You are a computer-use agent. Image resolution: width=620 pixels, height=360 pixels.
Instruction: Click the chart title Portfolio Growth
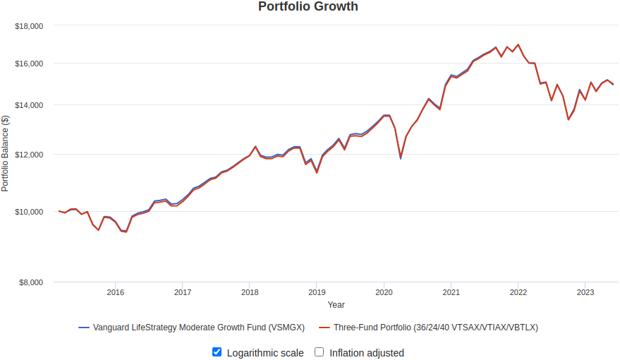coord(308,7)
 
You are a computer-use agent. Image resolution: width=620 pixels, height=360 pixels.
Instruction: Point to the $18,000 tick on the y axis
coord(29,26)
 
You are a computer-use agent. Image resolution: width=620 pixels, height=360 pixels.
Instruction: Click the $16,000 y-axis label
coord(29,64)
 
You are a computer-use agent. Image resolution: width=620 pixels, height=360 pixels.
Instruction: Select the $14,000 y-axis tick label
coord(29,105)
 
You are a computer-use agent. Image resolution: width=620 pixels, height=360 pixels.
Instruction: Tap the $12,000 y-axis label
coord(29,155)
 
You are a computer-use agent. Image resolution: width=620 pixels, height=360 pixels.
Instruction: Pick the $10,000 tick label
coord(29,212)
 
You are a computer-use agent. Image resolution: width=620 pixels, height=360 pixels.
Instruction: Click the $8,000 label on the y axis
coord(31,282)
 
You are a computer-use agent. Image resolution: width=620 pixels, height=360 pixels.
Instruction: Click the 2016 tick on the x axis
coord(116,292)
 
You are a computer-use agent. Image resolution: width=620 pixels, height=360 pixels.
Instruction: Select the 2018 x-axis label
coord(250,292)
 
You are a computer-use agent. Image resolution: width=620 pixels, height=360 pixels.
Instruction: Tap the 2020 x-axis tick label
coord(384,292)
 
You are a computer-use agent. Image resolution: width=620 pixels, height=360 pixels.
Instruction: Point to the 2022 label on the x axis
coord(518,292)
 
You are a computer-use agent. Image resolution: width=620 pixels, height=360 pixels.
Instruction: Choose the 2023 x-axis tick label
coord(585,292)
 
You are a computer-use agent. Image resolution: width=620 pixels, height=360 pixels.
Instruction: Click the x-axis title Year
coord(336,305)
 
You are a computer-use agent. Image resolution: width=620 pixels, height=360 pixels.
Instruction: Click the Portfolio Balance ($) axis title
coord(6,154)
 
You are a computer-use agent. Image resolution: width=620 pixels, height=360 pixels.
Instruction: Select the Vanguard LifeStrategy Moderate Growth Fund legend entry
coord(191,328)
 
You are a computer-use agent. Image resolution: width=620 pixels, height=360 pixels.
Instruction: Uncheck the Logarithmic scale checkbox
coord(217,352)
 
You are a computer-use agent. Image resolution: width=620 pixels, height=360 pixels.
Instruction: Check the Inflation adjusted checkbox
coord(319,352)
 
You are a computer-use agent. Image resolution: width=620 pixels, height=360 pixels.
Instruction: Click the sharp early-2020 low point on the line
coord(401,157)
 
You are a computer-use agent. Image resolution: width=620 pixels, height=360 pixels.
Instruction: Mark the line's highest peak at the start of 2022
coord(518,44)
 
